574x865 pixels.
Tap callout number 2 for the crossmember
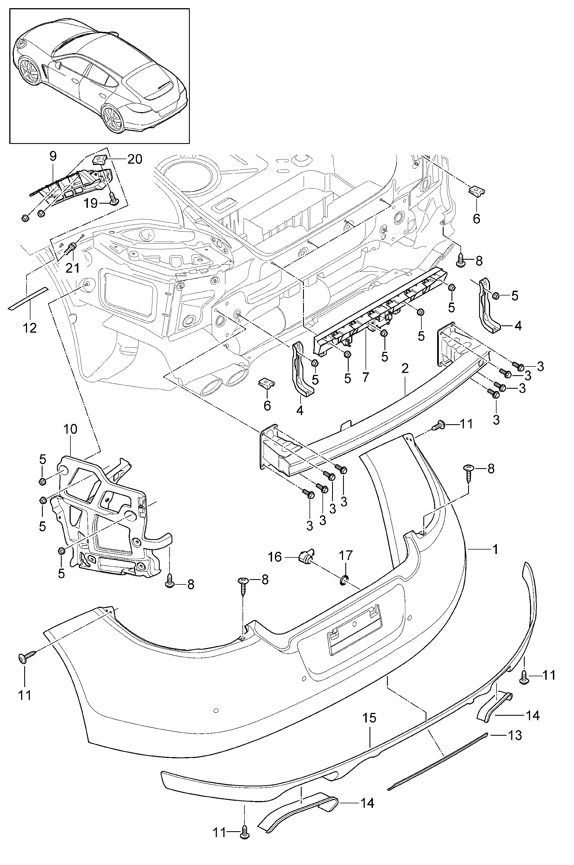coord(405,369)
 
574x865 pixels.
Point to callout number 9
coord(53,157)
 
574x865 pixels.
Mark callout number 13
coord(515,735)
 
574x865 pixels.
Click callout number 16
coord(275,557)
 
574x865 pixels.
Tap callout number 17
coord(345,555)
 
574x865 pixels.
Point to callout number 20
coord(135,159)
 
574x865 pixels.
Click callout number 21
coord(72,268)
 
